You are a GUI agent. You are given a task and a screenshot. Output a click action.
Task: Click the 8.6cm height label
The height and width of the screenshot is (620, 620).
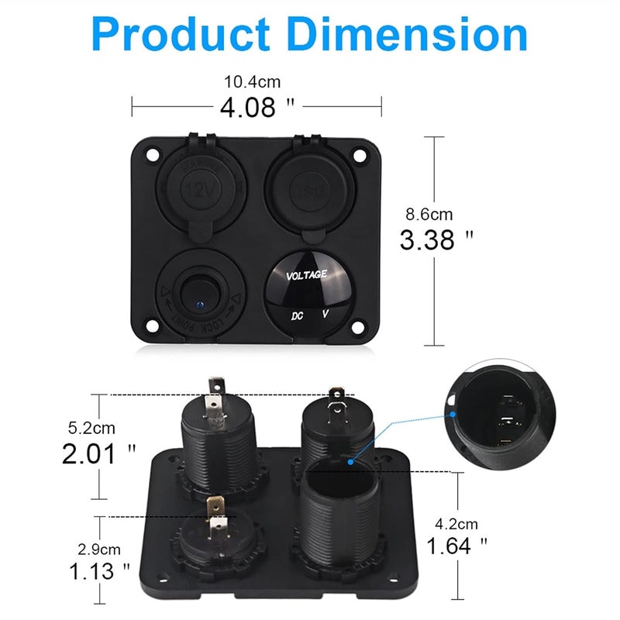click(x=429, y=215)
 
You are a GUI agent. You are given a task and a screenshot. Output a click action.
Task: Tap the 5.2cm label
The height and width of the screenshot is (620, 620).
click(x=93, y=427)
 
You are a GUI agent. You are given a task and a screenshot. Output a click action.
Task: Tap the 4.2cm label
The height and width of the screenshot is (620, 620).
click(x=456, y=523)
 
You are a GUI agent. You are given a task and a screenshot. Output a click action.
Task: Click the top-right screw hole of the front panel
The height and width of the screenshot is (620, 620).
click(x=359, y=154)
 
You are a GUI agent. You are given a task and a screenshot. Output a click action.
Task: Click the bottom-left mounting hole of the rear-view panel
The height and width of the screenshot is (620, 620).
click(x=163, y=577)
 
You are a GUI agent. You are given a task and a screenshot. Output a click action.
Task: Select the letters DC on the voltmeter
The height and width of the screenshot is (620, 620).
click(x=297, y=316)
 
